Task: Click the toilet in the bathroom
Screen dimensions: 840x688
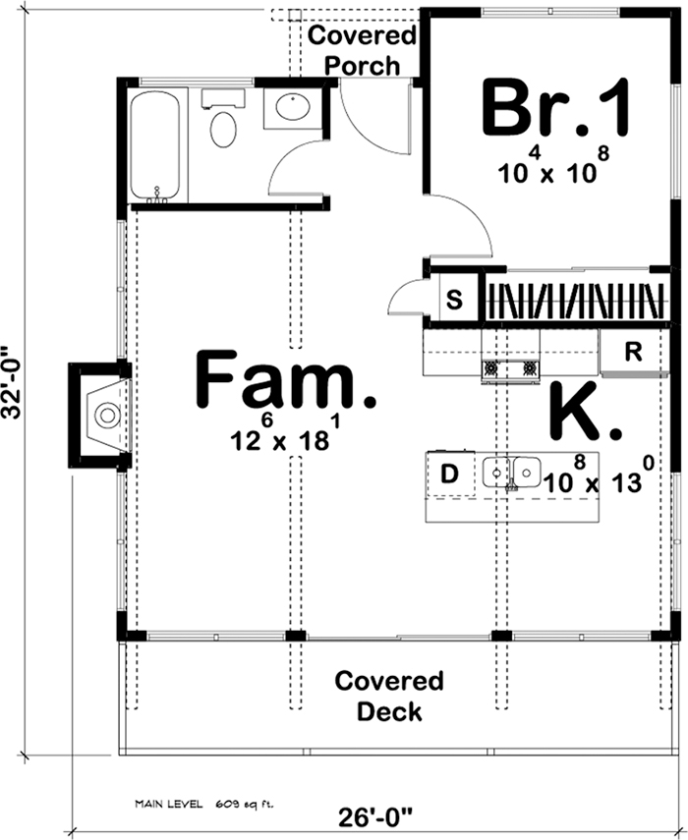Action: pyautogui.click(x=224, y=123)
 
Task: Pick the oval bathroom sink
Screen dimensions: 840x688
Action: pyautogui.click(x=292, y=107)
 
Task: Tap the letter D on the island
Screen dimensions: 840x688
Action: pyautogui.click(x=449, y=475)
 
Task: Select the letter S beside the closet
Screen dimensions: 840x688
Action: pyautogui.click(x=455, y=299)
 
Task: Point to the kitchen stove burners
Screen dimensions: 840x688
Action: pyautogui.click(x=510, y=368)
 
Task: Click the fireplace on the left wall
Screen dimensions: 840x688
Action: pyautogui.click(x=102, y=414)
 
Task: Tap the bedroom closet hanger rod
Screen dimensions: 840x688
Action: pyautogui.click(x=575, y=299)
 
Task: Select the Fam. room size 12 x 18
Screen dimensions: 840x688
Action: pyautogui.click(x=280, y=439)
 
